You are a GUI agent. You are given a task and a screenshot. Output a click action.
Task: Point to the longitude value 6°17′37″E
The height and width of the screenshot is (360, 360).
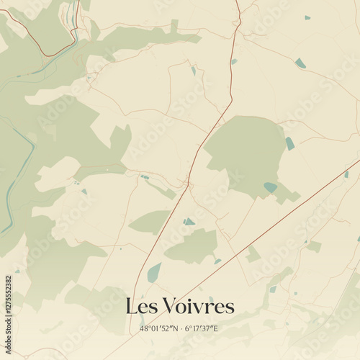tap(201, 328)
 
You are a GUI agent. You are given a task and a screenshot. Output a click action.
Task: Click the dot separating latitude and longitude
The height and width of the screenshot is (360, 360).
tap(180, 328)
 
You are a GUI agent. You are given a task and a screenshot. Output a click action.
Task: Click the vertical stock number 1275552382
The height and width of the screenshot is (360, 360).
tap(8, 318)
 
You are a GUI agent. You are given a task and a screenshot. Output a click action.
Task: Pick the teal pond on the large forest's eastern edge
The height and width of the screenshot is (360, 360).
tap(289, 143)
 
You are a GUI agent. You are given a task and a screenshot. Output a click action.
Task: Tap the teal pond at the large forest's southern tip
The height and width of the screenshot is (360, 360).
tap(270, 187)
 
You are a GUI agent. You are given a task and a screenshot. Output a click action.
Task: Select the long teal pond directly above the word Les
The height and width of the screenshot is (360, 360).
tap(153, 273)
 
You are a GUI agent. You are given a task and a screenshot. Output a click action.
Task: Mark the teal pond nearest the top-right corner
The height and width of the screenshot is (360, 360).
tap(307, 17)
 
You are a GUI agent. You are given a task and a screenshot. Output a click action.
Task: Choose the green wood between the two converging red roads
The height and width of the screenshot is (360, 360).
tap(193, 247)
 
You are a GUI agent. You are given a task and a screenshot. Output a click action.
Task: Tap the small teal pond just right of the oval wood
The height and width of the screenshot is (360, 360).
tap(188, 222)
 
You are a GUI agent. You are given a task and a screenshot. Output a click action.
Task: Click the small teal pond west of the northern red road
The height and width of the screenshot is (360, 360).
tap(193, 71)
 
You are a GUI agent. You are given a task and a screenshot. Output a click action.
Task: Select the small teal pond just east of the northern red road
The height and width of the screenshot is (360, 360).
tap(234, 61)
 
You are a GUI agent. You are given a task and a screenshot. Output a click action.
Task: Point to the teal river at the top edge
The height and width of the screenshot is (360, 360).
tap(75, 14)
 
